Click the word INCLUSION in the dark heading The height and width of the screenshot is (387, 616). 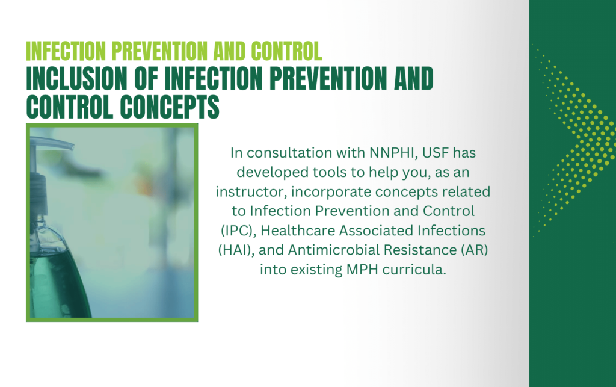(x=76, y=79)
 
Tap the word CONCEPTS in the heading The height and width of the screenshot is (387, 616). (x=170, y=107)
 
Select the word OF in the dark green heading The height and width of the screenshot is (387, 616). (x=146, y=79)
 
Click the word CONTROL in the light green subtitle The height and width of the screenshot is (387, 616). (x=286, y=51)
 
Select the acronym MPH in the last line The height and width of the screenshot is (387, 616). (x=362, y=270)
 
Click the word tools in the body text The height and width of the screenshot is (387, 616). (x=327, y=172)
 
